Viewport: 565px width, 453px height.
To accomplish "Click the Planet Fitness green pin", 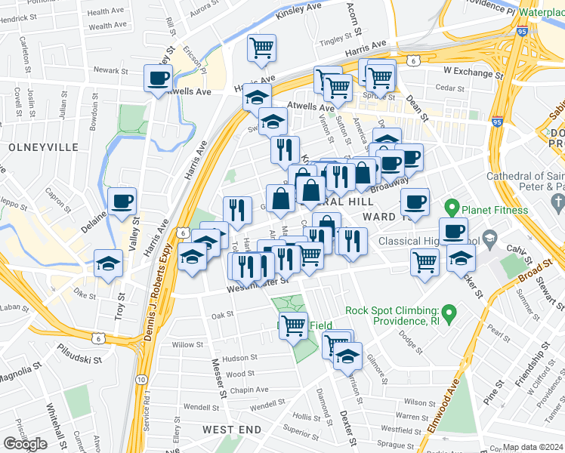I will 452,206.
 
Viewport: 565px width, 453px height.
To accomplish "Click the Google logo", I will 25,443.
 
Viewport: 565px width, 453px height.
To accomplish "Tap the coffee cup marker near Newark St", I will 158,79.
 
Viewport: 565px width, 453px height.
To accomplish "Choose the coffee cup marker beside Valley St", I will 122,202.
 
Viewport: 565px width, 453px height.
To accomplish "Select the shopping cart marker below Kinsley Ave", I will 261,48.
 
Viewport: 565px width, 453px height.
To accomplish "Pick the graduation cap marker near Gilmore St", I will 347,356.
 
